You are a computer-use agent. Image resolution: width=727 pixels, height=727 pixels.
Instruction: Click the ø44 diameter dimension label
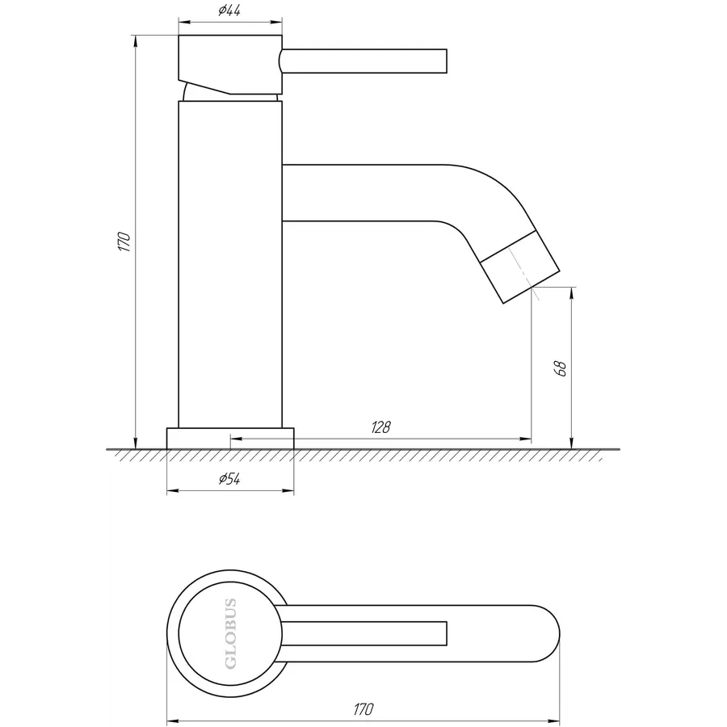229,11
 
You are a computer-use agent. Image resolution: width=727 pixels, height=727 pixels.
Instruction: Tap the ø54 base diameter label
229,478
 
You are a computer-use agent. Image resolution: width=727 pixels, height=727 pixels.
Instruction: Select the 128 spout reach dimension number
380,427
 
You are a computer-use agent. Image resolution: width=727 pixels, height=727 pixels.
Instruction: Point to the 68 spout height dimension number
561,368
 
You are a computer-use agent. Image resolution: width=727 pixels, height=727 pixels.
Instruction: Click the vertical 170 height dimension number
124,242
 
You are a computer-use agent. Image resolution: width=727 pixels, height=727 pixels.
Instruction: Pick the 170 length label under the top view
363,709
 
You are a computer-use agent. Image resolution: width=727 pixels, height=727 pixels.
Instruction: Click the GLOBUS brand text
230,634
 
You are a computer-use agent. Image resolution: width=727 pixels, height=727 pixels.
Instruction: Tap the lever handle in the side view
363,61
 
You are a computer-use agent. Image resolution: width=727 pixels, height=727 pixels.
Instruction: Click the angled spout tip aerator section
519,267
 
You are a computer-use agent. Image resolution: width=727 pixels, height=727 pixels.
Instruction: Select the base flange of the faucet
230,439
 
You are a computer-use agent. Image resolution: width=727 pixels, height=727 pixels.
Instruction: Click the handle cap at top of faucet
230,65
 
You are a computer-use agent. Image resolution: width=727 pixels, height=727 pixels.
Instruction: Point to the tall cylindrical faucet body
230,264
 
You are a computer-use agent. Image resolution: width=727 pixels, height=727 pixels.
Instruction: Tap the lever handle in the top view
364,634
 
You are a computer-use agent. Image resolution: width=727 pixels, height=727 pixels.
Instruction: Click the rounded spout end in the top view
547,634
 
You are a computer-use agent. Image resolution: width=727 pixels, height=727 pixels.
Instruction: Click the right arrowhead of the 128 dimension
526,438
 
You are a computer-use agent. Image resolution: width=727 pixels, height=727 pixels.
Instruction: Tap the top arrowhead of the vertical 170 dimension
136,41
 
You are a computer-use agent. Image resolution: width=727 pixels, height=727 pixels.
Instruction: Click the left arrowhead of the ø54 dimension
173,491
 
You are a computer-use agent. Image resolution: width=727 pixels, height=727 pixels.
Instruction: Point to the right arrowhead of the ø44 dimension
277,21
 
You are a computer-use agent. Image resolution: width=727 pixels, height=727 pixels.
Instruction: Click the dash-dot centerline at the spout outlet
524,274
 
